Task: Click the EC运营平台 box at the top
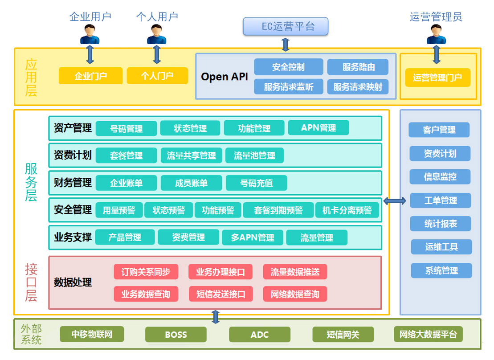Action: point(286,26)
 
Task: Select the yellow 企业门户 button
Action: point(91,76)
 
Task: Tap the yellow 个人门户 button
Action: point(157,76)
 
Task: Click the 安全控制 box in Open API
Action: point(289,67)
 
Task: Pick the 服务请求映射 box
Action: point(358,87)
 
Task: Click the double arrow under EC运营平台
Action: point(286,45)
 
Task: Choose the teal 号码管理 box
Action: point(127,128)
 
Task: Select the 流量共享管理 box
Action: point(191,155)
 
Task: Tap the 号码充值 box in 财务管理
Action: point(257,183)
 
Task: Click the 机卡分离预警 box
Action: point(347,210)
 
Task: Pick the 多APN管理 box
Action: point(253,237)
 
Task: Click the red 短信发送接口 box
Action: point(220,294)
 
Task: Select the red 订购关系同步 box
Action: point(146,272)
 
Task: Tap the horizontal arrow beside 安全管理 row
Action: point(395,201)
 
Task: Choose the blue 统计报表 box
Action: point(441,224)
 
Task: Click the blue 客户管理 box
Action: point(439,130)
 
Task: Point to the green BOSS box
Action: point(176,335)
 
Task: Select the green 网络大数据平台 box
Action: point(428,334)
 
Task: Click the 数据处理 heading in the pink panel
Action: point(73,282)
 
